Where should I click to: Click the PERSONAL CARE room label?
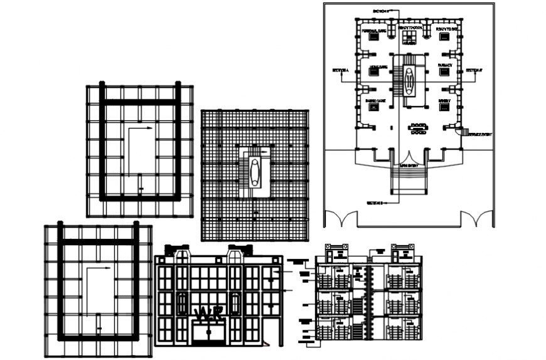click(373, 29)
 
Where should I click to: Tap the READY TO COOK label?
click(409, 29)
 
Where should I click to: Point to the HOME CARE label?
click(377, 66)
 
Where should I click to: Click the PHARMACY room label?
click(445, 65)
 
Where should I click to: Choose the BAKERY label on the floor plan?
click(444, 100)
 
